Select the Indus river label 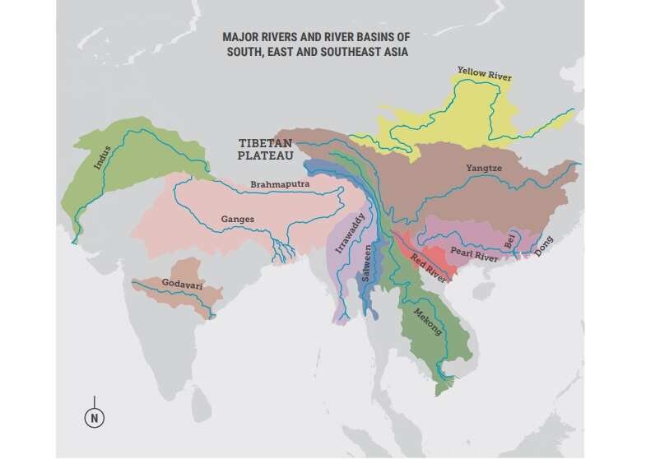[x=102, y=158]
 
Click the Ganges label [x=238, y=219]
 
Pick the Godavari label [x=183, y=284]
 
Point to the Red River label [x=428, y=268]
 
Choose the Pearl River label [x=476, y=255]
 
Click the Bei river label [x=510, y=240]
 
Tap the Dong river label [x=545, y=247]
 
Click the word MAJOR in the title [x=242, y=38]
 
